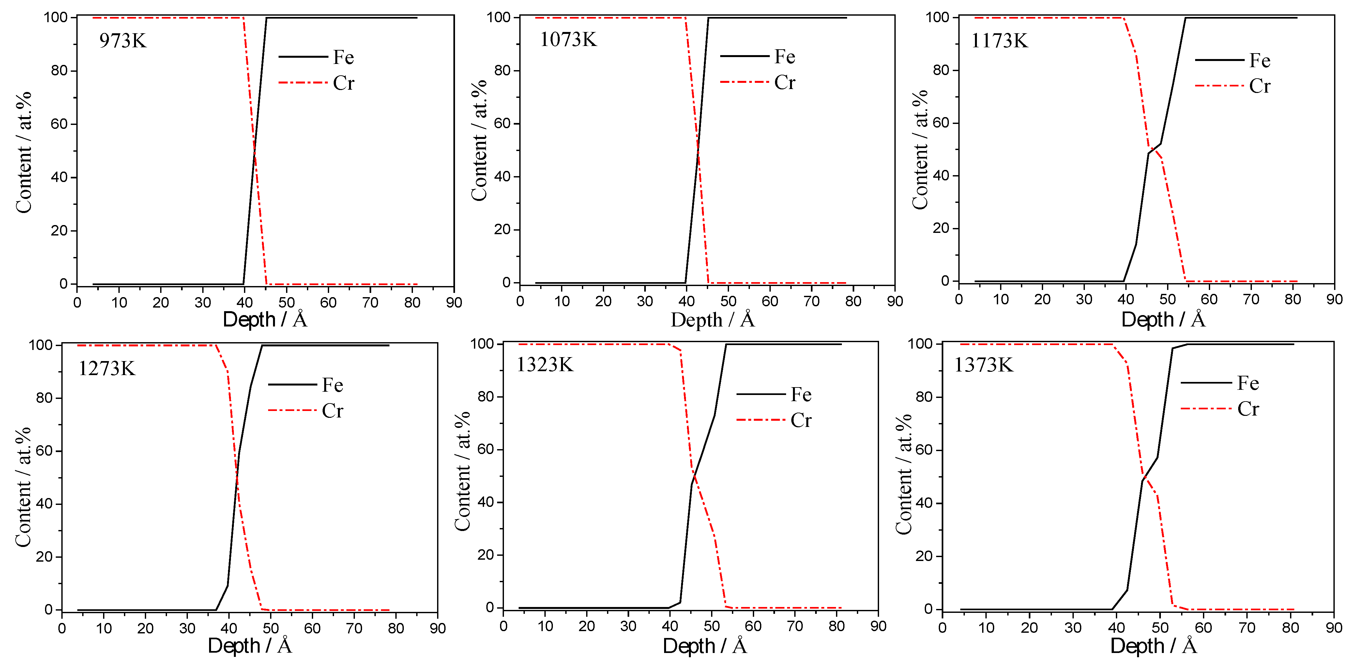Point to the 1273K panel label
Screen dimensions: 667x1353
(x=107, y=369)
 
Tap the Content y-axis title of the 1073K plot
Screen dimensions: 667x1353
(x=479, y=141)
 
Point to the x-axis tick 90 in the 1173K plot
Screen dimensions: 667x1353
(x=1334, y=300)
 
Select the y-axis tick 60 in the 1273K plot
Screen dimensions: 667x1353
(x=44, y=451)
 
